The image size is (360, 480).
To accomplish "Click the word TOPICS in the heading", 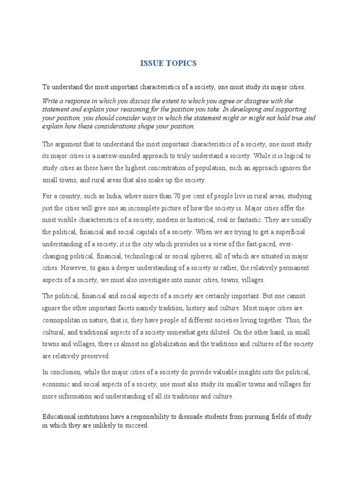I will coord(180,63).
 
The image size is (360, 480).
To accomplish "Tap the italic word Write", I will coord(51,101).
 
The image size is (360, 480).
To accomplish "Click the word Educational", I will coord(60,417).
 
